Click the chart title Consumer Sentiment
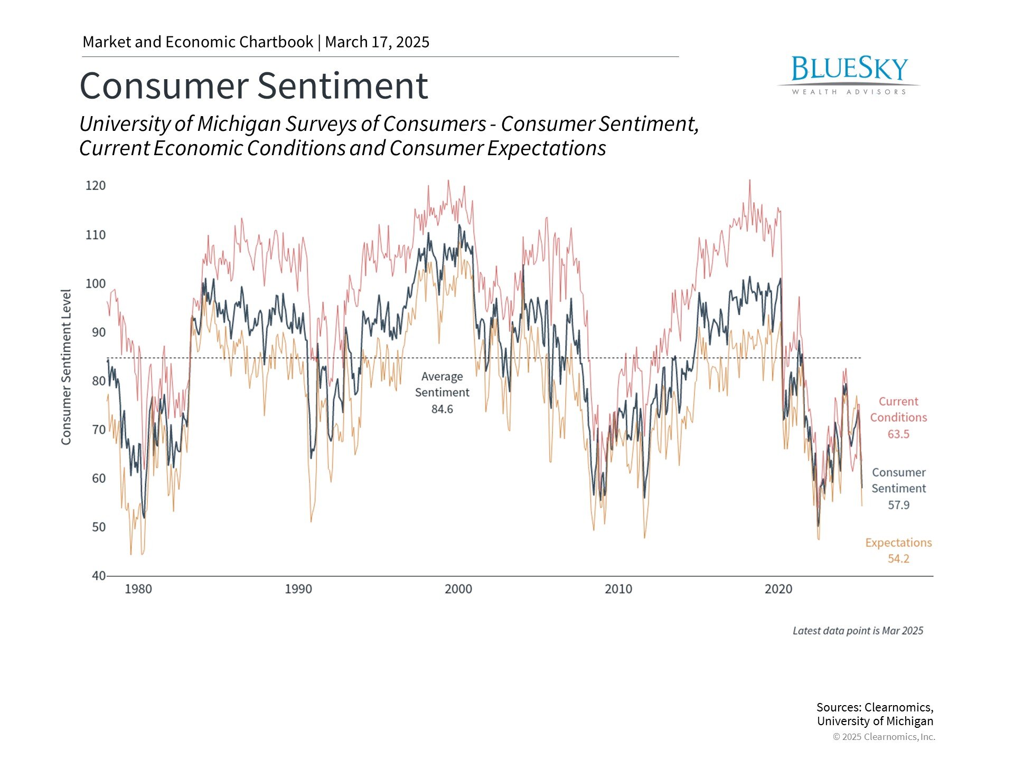point(253,85)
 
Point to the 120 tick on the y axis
point(96,186)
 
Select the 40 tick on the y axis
point(99,576)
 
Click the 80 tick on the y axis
point(99,381)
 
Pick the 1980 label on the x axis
point(138,589)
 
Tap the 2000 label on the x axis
point(458,589)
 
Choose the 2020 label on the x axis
point(778,589)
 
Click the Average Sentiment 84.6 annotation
point(442,393)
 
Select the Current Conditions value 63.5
point(898,434)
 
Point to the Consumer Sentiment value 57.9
point(898,505)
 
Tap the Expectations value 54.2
point(898,559)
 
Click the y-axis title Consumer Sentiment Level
point(66,367)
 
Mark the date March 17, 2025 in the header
point(377,42)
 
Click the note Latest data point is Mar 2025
point(858,631)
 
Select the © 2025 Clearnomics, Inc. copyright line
point(884,737)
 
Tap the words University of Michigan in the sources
point(875,721)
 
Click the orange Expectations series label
point(898,543)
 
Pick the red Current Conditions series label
point(898,410)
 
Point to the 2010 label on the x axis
point(618,589)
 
